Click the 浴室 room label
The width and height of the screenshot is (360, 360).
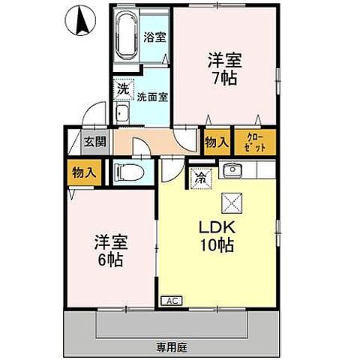click(155, 36)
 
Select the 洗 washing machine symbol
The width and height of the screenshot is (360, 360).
click(123, 88)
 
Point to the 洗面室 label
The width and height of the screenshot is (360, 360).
click(154, 97)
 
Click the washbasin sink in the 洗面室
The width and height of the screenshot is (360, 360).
click(122, 114)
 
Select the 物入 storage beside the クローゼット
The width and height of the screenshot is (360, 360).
click(216, 141)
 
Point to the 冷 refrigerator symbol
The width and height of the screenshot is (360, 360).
click(199, 178)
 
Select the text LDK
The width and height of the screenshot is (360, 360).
click(218, 226)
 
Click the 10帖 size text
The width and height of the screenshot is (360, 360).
click(218, 245)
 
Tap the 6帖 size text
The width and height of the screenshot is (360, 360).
click(110, 262)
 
